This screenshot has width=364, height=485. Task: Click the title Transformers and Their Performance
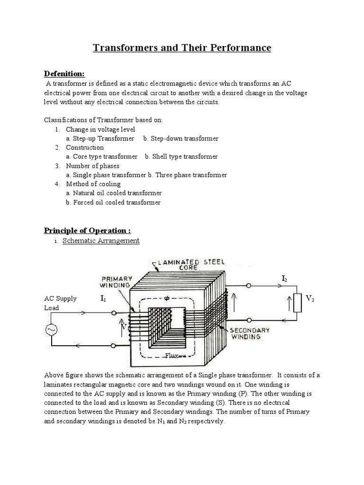pyautogui.click(x=182, y=48)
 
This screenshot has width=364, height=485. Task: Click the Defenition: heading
pyautogui.click(x=64, y=73)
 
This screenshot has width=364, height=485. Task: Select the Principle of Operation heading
pyautogui.click(x=87, y=230)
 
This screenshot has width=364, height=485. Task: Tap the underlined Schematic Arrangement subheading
pyautogui.click(x=101, y=241)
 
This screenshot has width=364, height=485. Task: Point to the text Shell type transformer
pyautogui.click(x=181, y=156)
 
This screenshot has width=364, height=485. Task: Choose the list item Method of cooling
pyautogui.click(x=93, y=184)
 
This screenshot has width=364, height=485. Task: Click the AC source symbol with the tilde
pyautogui.click(x=51, y=330)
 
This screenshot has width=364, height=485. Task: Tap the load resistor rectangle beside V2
pyautogui.click(x=298, y=303)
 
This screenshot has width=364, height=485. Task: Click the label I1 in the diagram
pyautogui.click(x=104, y=299)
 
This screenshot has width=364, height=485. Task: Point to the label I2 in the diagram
pyautogui.click(x=284, y=279)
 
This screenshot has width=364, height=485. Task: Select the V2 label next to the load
pyautogui.click(x=310, y=298)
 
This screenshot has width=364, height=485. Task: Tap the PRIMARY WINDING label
pyautogui.click(x=115, y=282)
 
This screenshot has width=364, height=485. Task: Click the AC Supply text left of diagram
pyautogui.click(x=60, y=299)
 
